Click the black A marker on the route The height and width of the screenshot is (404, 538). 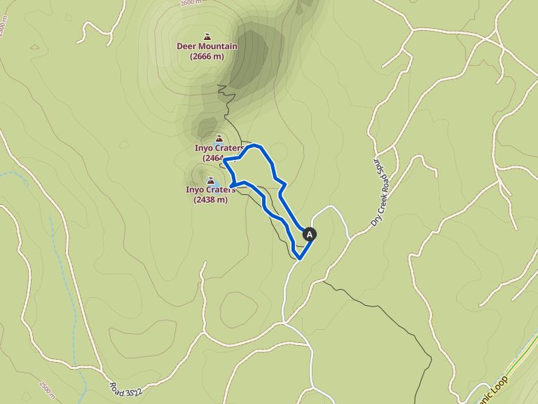tap(310, 235)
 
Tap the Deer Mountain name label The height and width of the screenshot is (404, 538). tap(207, 46)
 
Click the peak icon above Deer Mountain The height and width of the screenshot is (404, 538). tap(207, 36)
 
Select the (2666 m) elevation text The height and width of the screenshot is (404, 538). tap(207, 56)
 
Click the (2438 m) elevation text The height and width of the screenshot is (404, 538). tap(211, 199)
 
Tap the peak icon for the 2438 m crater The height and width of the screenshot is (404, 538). tap(211, 180)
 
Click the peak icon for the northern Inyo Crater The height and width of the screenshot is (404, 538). tap(219, 138)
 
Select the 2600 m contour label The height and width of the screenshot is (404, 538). tap(190, 4)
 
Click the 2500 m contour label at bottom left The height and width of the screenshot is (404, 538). tap(46, 389)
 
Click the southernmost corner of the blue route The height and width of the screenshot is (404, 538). tap(300, 259)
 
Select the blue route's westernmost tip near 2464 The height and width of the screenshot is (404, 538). tap(224, 160)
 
